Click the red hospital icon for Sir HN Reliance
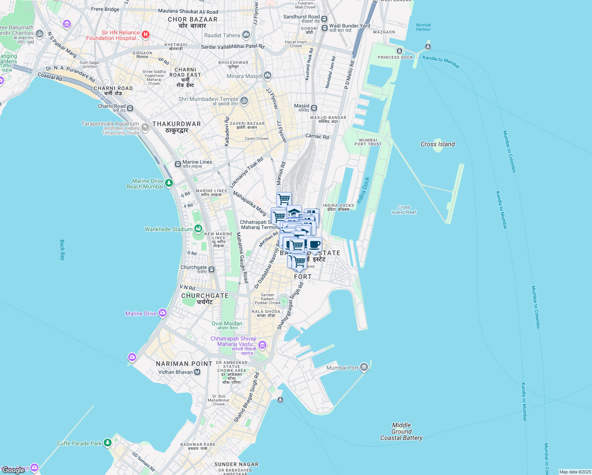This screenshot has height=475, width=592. click(x=145, y=35)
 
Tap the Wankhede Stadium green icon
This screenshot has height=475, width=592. click(x=198, y=229)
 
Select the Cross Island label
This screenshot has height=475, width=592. click(x=437, y=144)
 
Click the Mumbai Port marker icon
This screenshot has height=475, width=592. click(x=364, y=368)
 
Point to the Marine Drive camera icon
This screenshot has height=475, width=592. click(x=163, y=313)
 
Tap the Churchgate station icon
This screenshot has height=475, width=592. click(x=212, y=270)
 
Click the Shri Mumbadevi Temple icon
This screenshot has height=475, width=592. click(x=244, y=101)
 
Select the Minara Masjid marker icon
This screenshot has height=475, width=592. click(x=268, y=75)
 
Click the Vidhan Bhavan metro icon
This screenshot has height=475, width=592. click(x=197, y=372)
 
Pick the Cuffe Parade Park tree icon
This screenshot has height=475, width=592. click(x=107, y=443)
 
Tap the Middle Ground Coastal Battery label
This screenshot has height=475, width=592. click(x=401, y=431)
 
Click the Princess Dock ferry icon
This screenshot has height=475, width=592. click(x=399, y=51)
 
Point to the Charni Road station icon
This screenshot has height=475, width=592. click(x=130, y=108)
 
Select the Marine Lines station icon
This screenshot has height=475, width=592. click(x=178, y=164)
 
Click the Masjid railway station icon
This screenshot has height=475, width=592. click(x=314, y=108)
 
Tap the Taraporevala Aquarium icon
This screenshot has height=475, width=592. click(x=145, y=127)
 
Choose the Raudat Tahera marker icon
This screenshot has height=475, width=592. click(x=246, y=35)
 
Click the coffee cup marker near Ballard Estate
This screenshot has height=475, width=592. click(x=314, y=245)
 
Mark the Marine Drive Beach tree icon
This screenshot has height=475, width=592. click(x=169, y=183)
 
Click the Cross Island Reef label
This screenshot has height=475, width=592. click(x=404, y=209)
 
